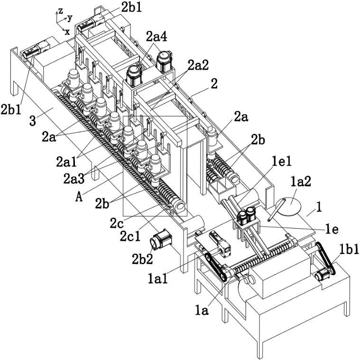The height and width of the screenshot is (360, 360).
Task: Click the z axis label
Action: point(60,10)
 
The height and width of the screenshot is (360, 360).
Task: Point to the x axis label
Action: point(67,32)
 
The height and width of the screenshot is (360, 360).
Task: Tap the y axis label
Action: point(70,18)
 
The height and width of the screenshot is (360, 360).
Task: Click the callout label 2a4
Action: point(157,37)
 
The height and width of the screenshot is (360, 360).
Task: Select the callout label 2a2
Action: point(198,65)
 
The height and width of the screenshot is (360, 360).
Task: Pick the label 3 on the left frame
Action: point(33,120)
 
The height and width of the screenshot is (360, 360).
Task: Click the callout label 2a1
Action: point(66,162)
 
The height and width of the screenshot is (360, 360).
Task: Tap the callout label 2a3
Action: point(74,179)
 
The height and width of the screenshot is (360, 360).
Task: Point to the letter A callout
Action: point(79,197)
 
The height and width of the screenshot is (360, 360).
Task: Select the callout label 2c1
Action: point(130,236)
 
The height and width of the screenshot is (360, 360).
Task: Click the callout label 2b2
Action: point(142,259)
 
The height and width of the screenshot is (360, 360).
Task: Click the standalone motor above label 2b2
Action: point(160,239)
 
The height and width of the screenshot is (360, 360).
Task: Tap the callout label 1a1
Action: point(158,278)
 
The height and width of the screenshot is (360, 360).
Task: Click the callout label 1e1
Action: point(282,161)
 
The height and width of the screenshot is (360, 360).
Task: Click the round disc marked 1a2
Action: point(288,207)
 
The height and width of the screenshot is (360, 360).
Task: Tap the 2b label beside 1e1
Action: point(258,140)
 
